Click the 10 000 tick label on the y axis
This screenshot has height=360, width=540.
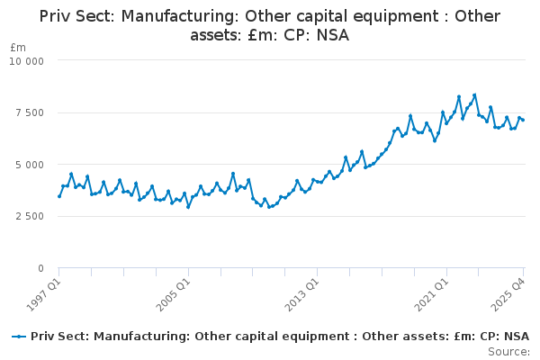coord(26,61)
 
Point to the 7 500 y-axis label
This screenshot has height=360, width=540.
coord(30,113)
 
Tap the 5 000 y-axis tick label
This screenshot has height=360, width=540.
coord(30,165)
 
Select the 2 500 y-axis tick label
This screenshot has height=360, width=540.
coord(30,217)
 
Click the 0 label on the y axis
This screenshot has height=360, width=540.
coord(41,268)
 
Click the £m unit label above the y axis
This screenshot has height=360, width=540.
coord(18,48)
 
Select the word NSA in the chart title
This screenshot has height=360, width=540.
coord(333,35)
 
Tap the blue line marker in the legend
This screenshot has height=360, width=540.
coord(19,337)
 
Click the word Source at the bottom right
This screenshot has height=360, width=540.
coord(508,352)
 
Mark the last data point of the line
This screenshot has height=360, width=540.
coord(523,120)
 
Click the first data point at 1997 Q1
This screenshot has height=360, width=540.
coord(59,196)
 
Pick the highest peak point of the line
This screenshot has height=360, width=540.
coord(474,95)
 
